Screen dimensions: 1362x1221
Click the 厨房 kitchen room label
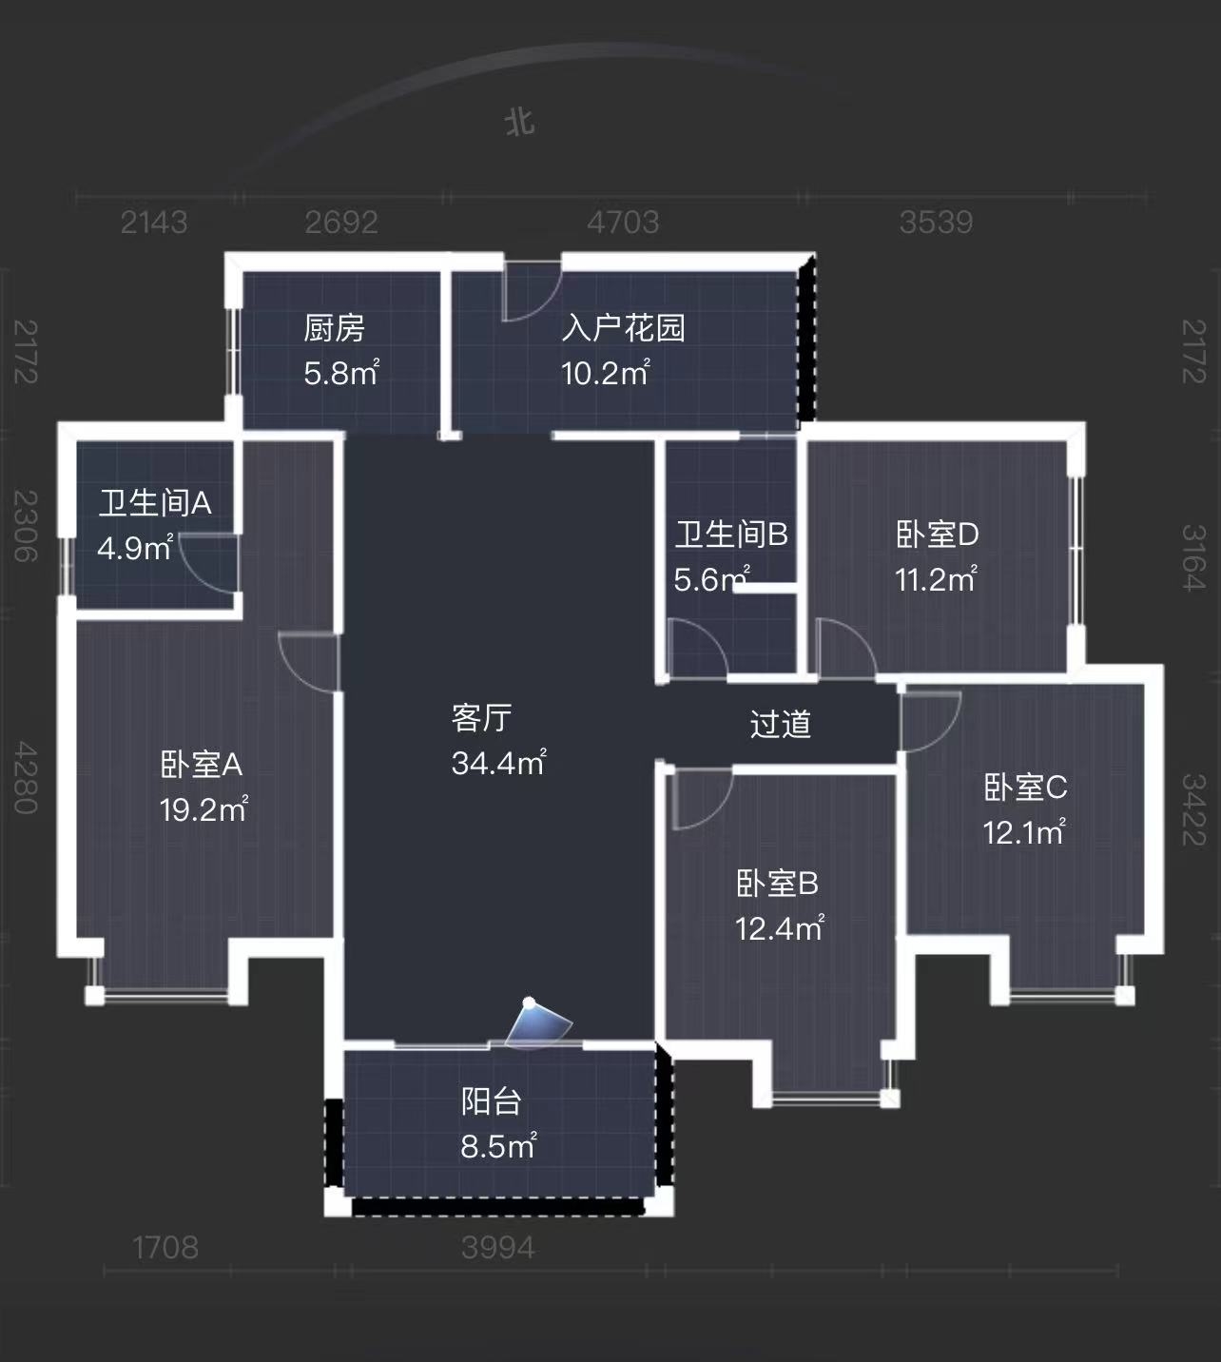coord(334,328)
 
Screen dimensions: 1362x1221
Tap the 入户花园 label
coord(623,328)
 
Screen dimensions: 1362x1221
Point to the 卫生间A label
coord(155,502)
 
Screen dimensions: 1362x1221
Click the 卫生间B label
coord(731,535)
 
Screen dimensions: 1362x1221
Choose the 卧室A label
coord(202,764)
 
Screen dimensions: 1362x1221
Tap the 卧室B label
coord(777,884)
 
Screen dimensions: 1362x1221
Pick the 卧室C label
coord(1025,788)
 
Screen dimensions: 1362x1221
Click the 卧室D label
coord(937,535)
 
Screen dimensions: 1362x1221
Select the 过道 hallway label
coord(780,724)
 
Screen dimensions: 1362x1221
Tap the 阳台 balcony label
coord(492,1101)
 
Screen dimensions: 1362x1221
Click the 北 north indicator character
coord(519,123)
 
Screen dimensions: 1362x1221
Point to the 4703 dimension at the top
coord(623,223)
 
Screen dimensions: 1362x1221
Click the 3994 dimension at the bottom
coord(498,1247)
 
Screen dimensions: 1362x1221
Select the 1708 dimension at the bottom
coord(165,1247)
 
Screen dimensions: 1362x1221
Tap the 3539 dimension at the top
coord(936,223)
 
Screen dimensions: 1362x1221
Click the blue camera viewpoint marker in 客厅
coord(538,1023)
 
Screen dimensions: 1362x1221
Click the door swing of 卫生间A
coord(204,561)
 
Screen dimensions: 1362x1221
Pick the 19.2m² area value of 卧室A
coord(203,809)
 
